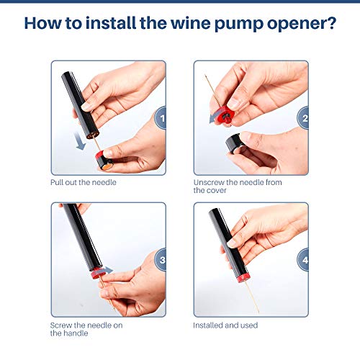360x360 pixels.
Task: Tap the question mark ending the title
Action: click(332, 23)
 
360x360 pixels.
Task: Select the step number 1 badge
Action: click(161, 118)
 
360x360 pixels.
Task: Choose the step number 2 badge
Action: click(303, 118)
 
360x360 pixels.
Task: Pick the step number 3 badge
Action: click(161, 260)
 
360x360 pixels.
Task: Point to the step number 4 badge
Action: click(303, 260)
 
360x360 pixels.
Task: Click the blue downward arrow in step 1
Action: click(80, 141)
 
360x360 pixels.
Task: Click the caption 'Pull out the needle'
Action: click(84, 182)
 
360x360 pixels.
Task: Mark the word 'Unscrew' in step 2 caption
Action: click(209, 182)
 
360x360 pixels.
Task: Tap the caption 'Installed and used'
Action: click(225, 325)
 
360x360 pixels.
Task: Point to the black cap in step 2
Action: click(235, 143)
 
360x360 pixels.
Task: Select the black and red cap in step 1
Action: click(104, 161)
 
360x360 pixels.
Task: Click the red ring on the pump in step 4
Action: click(243, 277)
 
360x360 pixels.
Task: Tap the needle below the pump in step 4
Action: click(252, 297)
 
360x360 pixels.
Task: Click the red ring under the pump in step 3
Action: click(96, 273)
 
